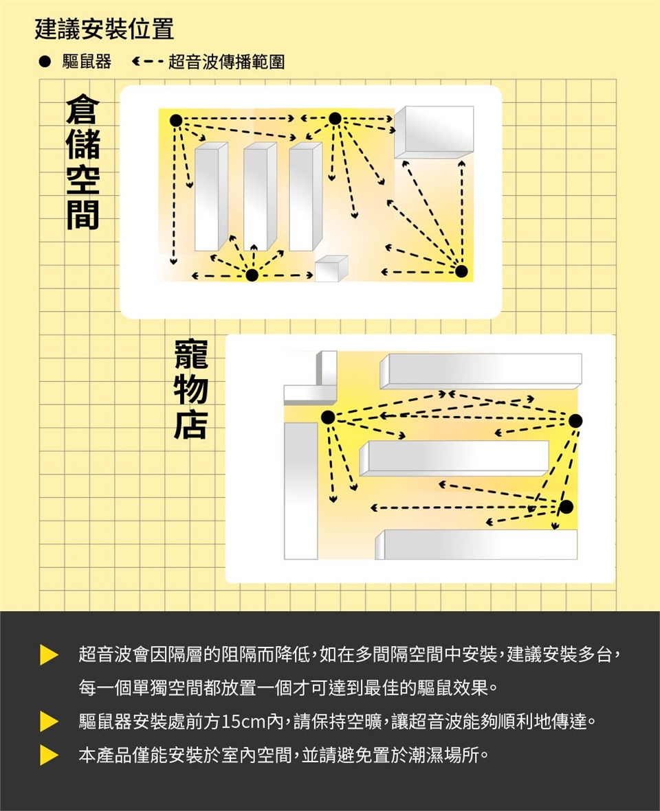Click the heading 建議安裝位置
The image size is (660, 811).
(x=104, y=29)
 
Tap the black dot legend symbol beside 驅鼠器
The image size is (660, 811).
(x=45, y=62)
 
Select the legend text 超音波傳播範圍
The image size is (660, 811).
(x=227, y=62)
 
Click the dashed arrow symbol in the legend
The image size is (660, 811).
(x=148, y=62)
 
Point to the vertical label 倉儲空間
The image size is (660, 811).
(x=82, y=162)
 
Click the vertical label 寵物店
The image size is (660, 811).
(x=191, y=389)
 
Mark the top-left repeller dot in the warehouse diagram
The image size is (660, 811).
(x=176, y=120)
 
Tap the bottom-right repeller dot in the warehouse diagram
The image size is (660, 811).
(x=461, y=271)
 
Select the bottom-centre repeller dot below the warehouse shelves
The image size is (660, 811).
(x=252, y=275)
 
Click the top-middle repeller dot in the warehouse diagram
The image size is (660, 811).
(x=335, y=118)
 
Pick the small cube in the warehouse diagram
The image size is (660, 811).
(x=331, y=269)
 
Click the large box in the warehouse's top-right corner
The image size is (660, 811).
(x=434, y=132)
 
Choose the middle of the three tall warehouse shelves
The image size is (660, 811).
(x=260, y=196)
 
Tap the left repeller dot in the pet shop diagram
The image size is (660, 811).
(x=328, y=417)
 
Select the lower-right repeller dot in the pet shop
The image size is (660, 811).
(x=566, y=507)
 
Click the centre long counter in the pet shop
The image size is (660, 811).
(x=454, y=458)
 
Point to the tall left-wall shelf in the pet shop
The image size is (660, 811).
(x=300, y=491)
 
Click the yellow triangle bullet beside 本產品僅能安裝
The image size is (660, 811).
(x=49, y=755)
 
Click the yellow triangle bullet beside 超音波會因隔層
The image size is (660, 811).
(x=49, y=655)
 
